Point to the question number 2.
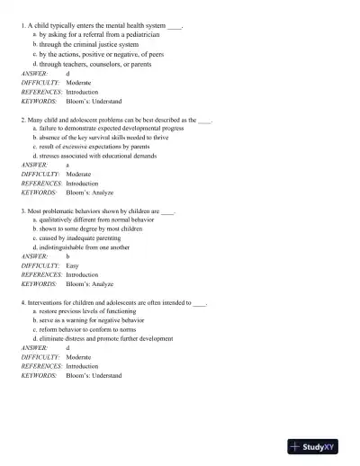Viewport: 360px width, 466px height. click(x=22, y=119)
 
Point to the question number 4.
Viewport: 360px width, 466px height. click(x=22, y=302)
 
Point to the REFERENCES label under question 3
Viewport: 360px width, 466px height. click(x=41, y=274)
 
